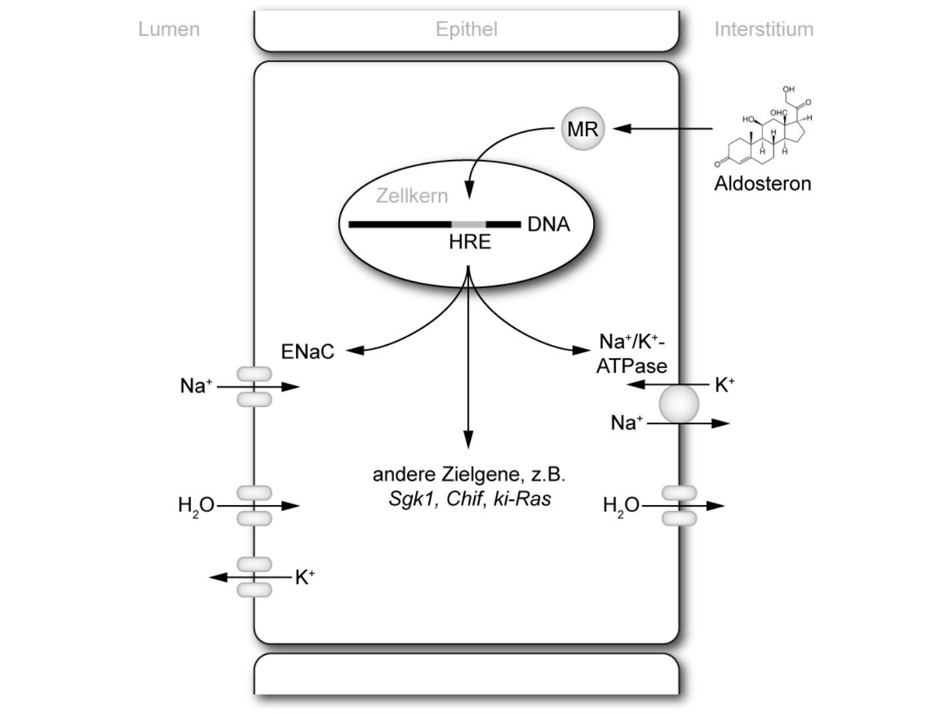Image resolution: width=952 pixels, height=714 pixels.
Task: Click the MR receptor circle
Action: tap(582, 129)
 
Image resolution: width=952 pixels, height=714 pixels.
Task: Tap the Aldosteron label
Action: tap(762, 183)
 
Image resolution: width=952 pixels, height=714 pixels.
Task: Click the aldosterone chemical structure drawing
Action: tap(764, 129)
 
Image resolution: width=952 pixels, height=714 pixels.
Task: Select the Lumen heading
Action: tap(169, 29)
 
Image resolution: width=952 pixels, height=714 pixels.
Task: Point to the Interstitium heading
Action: tap(764, 29)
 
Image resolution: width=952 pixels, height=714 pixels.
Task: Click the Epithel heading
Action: tap(466, 29)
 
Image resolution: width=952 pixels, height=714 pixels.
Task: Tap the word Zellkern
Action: tap(412, 196)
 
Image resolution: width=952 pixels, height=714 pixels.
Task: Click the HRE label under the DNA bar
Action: tap(469, 242)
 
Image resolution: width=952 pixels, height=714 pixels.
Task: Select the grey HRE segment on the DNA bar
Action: tap(469, 224)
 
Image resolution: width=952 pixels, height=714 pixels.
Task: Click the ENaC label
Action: tap(307, 352)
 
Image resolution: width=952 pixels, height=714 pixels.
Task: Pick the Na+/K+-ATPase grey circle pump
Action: tap(679, 404)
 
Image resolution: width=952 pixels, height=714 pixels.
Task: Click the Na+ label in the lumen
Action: tap(196, 385)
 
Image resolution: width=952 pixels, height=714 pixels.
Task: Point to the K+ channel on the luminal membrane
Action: tap(255, 577)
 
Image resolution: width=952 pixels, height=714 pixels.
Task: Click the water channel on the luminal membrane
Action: tap(255, 506)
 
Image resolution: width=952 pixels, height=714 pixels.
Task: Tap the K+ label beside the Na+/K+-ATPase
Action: tap(725, 385)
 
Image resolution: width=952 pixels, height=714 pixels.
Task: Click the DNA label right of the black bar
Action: tap(548, 225)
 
